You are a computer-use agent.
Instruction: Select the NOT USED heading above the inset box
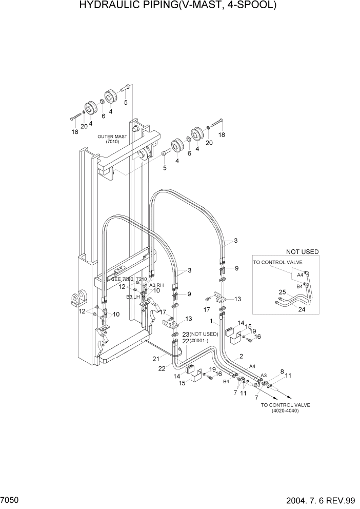pos(302,252)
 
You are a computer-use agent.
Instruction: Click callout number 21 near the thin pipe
pos(155,359)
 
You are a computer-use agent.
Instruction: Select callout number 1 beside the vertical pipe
pos(211,322)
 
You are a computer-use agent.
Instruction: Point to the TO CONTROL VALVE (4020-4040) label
pos(279,408)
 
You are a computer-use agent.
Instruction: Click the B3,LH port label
pos(133,297)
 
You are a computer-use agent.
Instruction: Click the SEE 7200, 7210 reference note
pos(129,279)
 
